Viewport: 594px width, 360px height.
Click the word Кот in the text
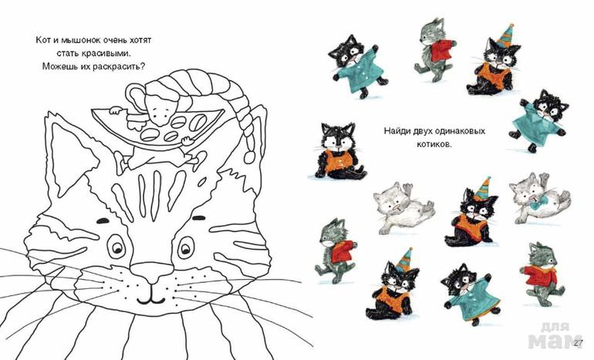42,40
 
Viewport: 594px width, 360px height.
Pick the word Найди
396,131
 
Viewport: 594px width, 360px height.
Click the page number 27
578,343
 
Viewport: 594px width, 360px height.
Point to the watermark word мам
555,341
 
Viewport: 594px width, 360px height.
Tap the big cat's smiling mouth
151,298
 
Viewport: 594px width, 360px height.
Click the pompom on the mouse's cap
250,156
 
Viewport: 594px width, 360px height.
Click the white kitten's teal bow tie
535,206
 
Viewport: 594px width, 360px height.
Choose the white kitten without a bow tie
403,207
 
